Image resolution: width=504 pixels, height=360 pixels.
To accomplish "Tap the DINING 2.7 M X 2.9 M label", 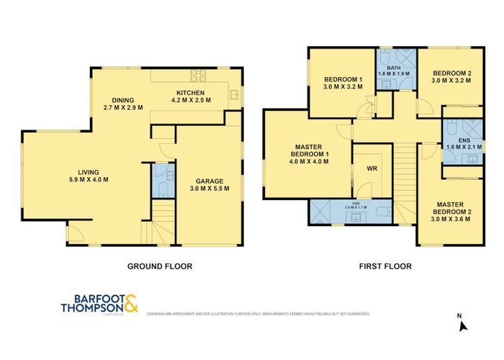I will click(122, 103).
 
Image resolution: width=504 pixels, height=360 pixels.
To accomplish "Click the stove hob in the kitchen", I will click(197, 74).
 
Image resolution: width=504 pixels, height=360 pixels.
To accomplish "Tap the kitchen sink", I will click(235, 93).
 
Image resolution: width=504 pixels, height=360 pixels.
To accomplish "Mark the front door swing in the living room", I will click(74, 233).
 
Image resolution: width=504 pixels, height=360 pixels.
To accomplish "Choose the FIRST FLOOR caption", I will click(385, 266).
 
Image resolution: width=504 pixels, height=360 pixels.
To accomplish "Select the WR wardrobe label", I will click(372, 170).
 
